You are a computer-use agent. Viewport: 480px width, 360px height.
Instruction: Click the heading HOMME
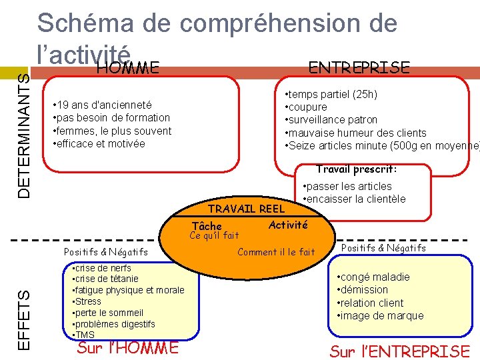point(127,67)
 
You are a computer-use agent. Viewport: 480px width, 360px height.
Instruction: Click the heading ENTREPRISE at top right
point(359,67)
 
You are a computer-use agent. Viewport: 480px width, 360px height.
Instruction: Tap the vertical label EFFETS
point(23,319)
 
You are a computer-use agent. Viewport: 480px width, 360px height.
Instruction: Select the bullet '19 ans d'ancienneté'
point(103,105)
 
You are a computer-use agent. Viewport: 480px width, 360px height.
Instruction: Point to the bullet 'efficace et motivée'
point(100,143)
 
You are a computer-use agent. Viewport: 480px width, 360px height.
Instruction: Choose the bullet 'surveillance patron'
point(332,120)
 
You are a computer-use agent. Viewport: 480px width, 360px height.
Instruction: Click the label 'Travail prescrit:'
point(356,169)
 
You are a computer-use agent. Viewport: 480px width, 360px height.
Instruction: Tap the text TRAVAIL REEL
point(247,209)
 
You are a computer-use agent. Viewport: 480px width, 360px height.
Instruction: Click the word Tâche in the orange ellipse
point(207,227)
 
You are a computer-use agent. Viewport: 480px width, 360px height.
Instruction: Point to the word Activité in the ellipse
point(288,225)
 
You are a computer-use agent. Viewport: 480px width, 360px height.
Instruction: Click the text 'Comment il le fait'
point(276,252)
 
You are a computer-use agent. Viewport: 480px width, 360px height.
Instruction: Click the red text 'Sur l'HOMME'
point(128,348)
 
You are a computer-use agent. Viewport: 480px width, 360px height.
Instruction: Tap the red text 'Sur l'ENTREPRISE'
point(399,351)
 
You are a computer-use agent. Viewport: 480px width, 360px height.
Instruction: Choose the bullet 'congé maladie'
point(374,277)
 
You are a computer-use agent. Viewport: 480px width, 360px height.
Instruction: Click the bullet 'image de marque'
point(381,315)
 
